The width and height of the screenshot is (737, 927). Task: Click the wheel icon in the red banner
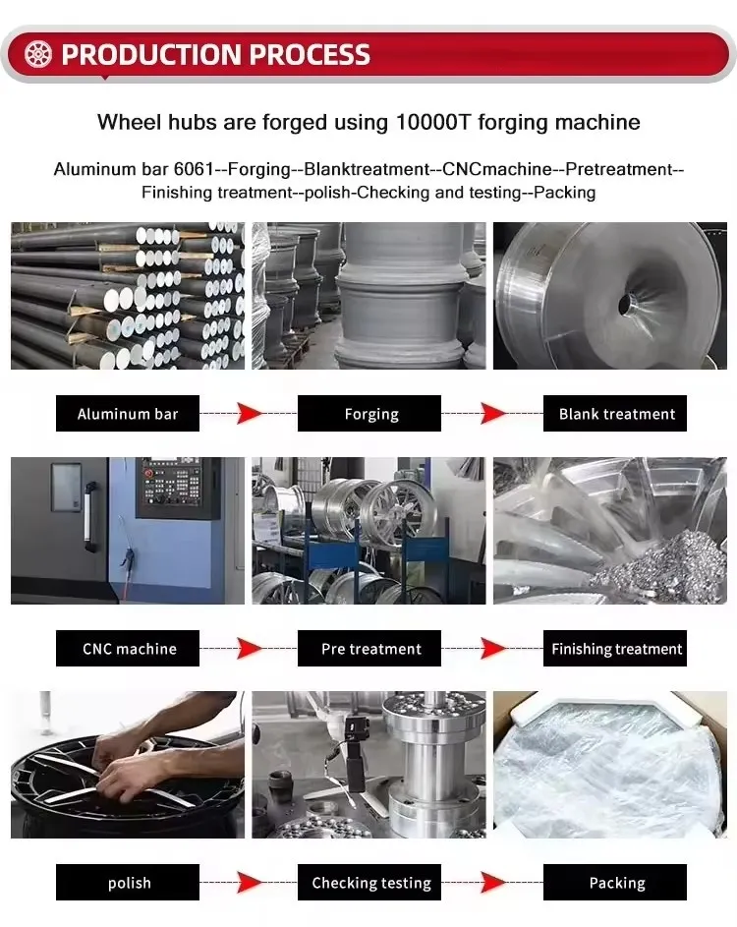[38, 54]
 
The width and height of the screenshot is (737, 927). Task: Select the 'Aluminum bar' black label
[128, 413]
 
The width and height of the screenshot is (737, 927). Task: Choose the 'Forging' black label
[369, 413]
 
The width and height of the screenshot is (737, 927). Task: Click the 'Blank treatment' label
[615, 413]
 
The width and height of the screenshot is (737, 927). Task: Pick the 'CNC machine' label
[128, 648]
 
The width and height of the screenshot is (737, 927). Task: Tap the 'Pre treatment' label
[369, 648]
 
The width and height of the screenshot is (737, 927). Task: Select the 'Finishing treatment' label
[615, 648]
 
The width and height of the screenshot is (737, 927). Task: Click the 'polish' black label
[128, 882]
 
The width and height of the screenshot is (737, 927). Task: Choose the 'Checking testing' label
[369, 882]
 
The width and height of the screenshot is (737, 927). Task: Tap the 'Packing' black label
[615, 882]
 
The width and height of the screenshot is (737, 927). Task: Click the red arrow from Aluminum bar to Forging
[249, 413]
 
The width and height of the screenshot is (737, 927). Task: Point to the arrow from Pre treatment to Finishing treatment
[492, 648]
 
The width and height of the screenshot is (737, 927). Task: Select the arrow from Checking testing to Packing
[492, 882]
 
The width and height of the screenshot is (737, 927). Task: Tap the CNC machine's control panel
[174, 488]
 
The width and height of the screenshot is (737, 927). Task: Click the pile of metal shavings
[662, 566]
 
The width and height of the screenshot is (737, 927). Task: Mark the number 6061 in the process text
[194, 169]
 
